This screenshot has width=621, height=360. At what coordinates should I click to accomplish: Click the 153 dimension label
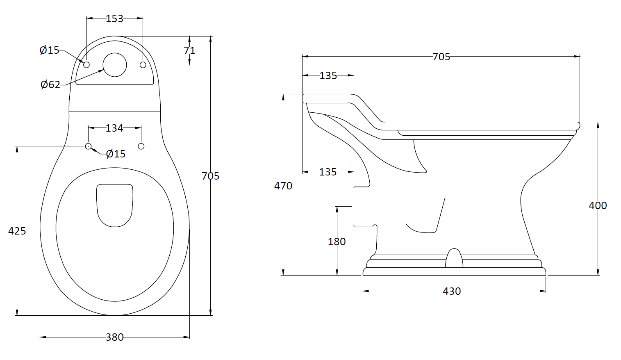[x=114, y=19]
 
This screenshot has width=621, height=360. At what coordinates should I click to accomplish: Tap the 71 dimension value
[x=189, y=50]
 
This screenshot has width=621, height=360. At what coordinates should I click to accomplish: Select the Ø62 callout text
[x=50, y=85]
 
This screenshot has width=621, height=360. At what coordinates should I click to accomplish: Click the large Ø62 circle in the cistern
[x=115, y=65]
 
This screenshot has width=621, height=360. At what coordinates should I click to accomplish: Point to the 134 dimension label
[x=114, y=128]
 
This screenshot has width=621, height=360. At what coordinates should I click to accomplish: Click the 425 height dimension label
[x=17, y=231]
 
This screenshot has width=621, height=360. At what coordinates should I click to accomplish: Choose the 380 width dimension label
[x=114, y=337]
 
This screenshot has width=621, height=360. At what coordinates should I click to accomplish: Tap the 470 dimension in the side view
[x=283, y=186]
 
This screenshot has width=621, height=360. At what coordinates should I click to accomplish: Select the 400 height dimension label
[x=598, y=205]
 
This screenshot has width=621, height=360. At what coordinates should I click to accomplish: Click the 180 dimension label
[x=337, y=242]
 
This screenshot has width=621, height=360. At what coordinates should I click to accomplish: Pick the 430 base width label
[x=452, y=292]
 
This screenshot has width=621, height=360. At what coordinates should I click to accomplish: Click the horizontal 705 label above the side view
[x=441, y=57]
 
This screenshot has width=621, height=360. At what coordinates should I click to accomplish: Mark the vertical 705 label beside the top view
[x=211, y=176]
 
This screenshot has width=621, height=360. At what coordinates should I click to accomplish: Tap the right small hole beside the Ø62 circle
[x=143, y=65]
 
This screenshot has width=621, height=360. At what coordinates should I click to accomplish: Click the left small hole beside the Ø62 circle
[x=86, y=65]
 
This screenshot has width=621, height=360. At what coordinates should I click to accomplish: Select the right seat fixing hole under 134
[x=141, y=146]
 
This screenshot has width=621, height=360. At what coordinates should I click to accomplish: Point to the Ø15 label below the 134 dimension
[x=116, y=154]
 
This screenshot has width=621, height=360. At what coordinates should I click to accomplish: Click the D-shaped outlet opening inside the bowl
[x=115, y=205]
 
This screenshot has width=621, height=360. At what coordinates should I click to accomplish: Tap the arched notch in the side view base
[x=454, y=258]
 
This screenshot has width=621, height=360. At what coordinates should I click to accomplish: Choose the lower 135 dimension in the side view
[x=328, y=172]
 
